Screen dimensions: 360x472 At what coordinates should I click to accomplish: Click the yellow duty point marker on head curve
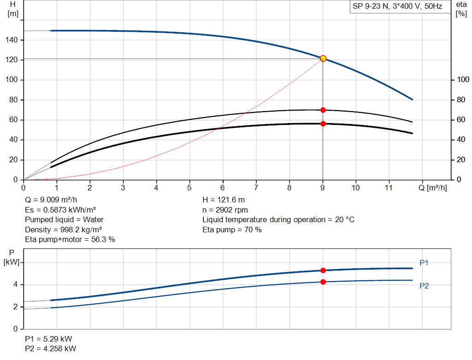tap(323, 59)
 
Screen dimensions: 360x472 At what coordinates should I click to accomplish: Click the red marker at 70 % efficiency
tap(323, 110)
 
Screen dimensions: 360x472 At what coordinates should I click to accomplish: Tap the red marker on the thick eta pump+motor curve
tap(323, 124)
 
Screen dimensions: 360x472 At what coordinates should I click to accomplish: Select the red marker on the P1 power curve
tap(323, 271)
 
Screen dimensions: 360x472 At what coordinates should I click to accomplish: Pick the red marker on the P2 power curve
tap(323, 282)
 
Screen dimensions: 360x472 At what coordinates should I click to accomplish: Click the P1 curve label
tap(424, 263)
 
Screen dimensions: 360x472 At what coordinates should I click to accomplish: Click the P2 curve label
tap(424, 286)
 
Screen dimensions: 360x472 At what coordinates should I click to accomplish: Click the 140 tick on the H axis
tap(12, 41)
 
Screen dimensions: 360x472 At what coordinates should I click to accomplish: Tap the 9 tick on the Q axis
tap(323, 188)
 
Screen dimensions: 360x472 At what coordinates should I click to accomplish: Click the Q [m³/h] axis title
tap(432, 188)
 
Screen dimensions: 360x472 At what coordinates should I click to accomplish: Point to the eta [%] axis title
tap(461, 9)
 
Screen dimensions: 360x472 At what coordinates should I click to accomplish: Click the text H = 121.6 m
tap(224, 200)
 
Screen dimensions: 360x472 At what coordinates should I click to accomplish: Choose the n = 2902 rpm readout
tap(225, 210)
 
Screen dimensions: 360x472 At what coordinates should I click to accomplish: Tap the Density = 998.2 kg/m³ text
tap(64, 230)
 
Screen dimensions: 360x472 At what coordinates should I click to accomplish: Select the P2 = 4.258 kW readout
tap(51, 348)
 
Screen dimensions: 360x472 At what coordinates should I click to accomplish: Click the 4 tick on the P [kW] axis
tap(15, 285)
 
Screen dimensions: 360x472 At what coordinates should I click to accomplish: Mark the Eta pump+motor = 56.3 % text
tap(70, 239)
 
